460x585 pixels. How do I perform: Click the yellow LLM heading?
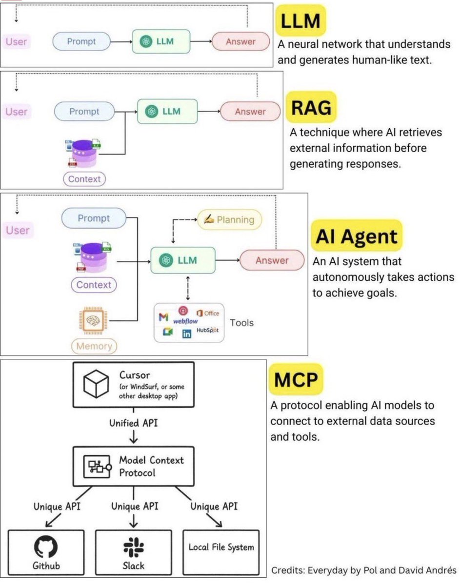point(300,20)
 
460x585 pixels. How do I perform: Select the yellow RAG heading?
point(311,107)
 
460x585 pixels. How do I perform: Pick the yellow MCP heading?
point(296,379)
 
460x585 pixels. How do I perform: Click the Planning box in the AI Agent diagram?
point(229,220)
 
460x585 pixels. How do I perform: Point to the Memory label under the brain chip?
point(94,346)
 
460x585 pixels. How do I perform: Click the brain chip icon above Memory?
point(93,320)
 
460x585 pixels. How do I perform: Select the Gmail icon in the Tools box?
point(163,317)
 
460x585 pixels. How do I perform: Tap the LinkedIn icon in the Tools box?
point(187,334)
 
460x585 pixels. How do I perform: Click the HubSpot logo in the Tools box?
point(207,330)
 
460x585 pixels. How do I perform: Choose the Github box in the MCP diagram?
point(46,552)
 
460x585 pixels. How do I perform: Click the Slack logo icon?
point(134,547)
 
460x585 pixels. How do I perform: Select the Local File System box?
point(221,552)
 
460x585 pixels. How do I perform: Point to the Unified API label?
point(134,423)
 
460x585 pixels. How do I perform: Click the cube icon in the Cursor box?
point(96,384)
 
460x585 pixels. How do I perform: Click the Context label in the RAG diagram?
point(84,179)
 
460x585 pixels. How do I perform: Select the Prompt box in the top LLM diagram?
point(81,41)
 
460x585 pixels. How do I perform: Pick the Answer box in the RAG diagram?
point(250,111)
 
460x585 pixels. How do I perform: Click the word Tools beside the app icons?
point(241,323)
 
